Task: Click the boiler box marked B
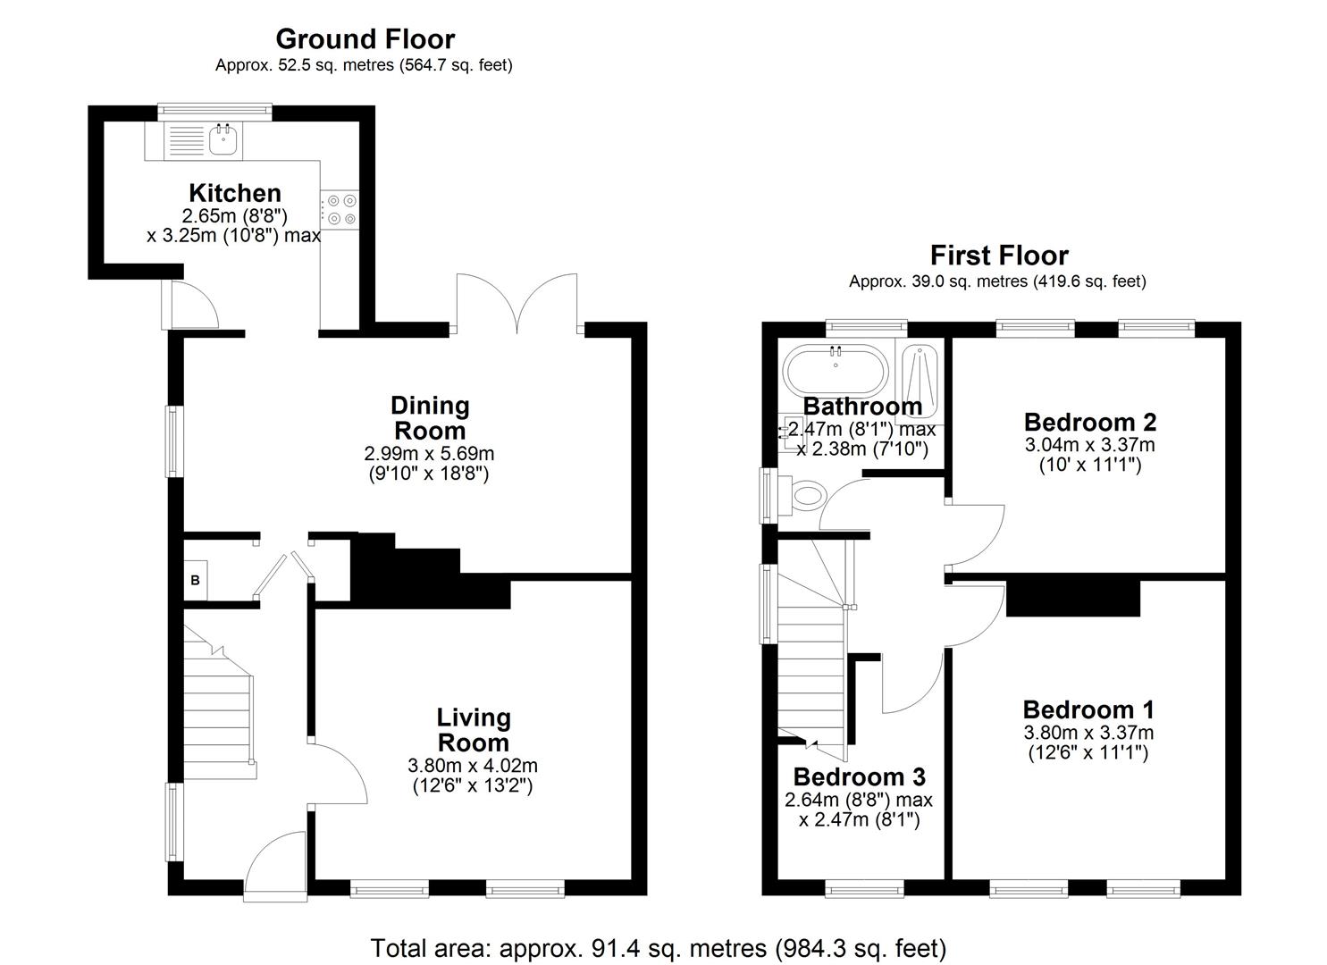196,581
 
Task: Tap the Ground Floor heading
365,39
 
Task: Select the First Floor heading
999,256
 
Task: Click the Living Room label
473,730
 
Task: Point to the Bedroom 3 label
859,776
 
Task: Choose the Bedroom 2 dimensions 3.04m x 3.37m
1090,445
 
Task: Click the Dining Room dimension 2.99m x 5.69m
429,454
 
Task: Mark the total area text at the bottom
658,947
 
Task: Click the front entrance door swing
273,860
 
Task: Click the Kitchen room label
235,193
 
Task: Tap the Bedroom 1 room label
1088,709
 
